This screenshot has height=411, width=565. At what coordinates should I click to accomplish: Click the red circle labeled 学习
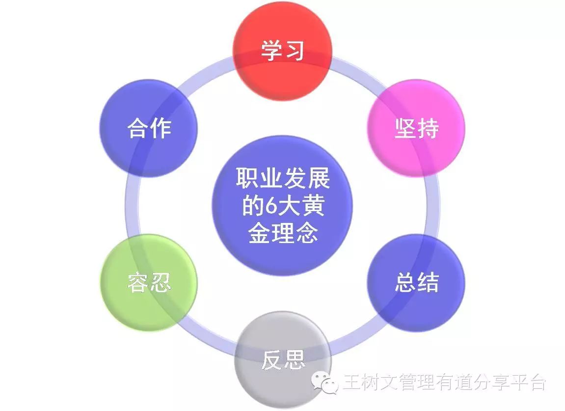(x=282, y=51)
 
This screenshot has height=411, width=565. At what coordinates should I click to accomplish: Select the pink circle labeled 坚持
(x=416, y=128)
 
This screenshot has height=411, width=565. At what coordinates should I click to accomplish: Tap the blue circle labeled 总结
(x=416, y=283)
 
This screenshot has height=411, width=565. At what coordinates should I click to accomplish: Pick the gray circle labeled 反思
(x=283, y=360)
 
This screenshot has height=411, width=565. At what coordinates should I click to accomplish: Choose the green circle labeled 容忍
(x=149, y=283)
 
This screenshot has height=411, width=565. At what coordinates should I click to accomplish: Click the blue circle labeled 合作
(x=149, y=128)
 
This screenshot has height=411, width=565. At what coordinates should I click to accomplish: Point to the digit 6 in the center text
(x=271, y=206)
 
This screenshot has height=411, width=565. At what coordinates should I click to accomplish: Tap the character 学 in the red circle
(x=271, y=51)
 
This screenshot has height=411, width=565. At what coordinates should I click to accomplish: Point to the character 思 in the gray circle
(x=294, y=360)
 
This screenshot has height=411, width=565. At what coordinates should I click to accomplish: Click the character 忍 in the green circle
(x=161, y=283)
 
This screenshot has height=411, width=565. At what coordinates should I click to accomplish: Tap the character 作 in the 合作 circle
(x=161, y=128)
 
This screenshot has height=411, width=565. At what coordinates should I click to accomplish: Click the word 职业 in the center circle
(x=259, y=178)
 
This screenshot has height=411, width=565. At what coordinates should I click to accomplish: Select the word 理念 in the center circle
(x=295, y=233)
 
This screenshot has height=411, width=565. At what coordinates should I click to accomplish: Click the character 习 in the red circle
(x=294, y=51)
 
